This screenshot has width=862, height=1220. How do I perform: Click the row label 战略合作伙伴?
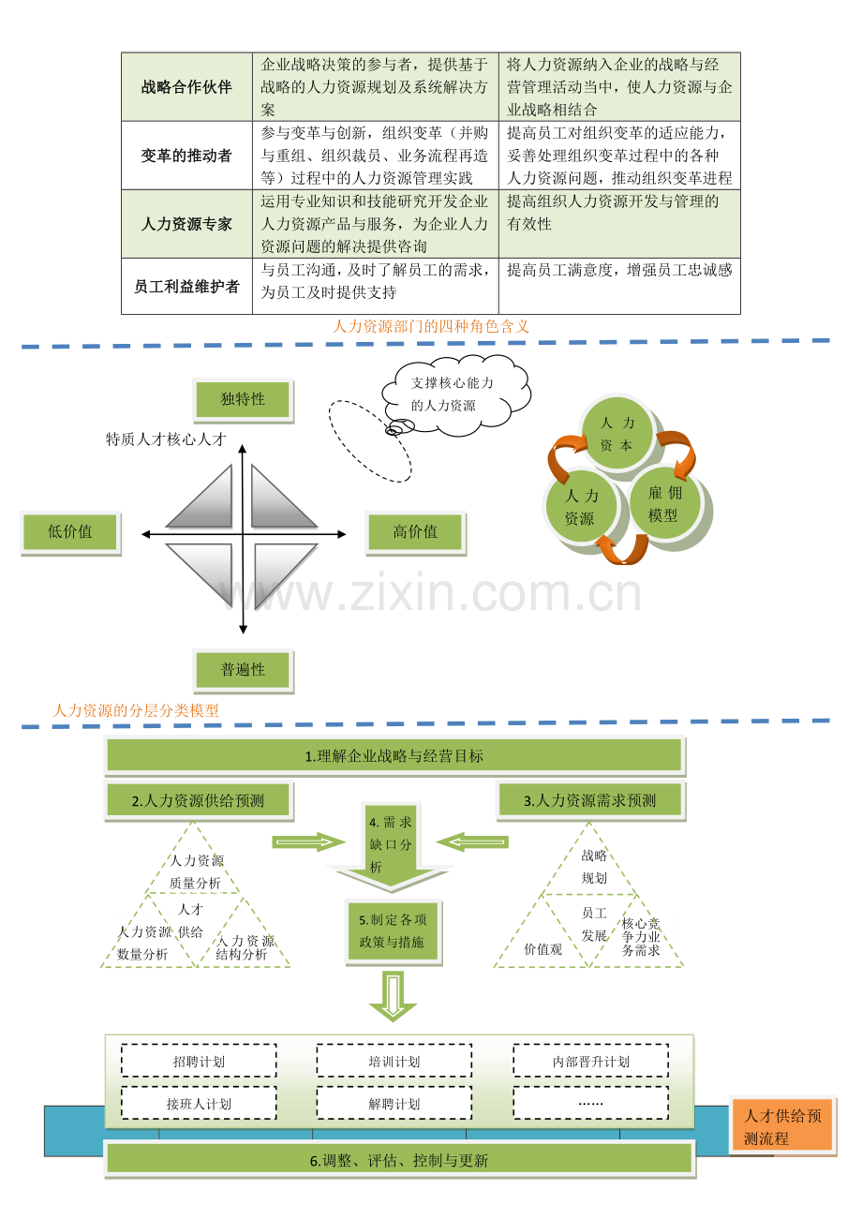(x=186, y=87)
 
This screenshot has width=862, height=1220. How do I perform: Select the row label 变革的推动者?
(x=186, y=156)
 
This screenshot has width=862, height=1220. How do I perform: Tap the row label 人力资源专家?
(x=186, y=224)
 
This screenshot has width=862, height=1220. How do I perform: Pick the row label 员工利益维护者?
(x=186, y=287)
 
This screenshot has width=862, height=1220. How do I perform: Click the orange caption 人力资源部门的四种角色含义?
(x=431, y=326)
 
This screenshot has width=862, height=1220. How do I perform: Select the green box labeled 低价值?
(x=70, y=532)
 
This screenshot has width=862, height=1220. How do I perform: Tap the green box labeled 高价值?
(x=415, y=532)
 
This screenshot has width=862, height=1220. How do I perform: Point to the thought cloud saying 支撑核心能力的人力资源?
(x=455, y=394)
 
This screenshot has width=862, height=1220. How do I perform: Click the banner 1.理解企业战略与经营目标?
(x=394, y=756)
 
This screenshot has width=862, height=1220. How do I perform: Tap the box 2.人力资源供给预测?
(x=199, y=800)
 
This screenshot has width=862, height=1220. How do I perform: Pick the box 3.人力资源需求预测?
(x=590, y=800)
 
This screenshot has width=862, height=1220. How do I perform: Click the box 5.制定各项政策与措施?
(x=393, y=932)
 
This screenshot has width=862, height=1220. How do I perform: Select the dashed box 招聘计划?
(x=199, y=1061)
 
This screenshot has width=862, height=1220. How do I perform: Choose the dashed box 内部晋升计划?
(x=591, y=1061)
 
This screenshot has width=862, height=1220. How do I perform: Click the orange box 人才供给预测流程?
(x=782, y=1126)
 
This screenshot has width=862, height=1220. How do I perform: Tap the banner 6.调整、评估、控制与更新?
(x=399, y=1160)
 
